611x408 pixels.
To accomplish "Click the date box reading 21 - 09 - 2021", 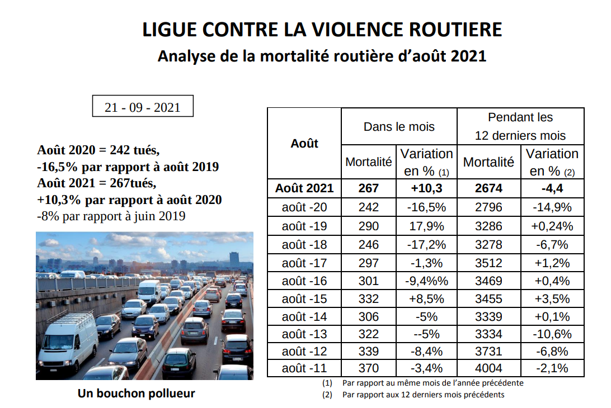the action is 143,106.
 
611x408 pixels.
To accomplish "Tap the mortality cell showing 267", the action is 369,188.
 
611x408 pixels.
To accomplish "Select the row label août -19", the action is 304,226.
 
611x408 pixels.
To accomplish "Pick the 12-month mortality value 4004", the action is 488,368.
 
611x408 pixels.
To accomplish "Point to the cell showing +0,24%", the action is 552,226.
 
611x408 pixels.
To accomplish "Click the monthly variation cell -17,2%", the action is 427,245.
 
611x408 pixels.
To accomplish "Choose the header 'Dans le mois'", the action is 399,126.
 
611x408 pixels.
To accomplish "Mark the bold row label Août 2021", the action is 304,188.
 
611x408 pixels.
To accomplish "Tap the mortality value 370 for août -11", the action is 369,368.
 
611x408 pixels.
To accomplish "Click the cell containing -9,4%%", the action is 427,281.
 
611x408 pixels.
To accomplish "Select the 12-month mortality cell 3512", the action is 488,263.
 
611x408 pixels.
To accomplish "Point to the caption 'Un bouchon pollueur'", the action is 137,393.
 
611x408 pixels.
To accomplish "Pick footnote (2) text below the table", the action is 413,395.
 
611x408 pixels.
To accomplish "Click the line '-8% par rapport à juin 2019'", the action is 111,216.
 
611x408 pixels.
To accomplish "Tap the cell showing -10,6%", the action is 552,334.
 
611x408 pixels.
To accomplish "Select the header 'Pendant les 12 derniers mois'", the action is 520,126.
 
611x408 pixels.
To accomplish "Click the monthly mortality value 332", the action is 369,299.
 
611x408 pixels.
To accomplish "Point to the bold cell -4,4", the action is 552,188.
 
